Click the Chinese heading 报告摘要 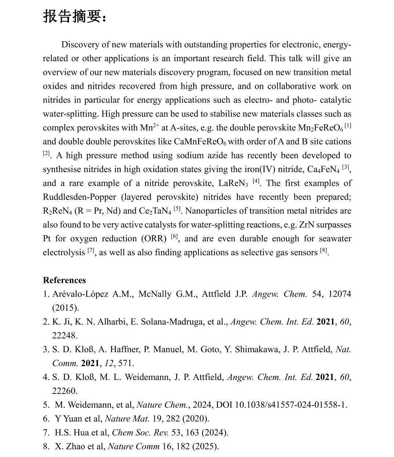75,17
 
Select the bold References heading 64,280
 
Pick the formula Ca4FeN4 323,169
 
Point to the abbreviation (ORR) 154,239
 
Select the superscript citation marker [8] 323,251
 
